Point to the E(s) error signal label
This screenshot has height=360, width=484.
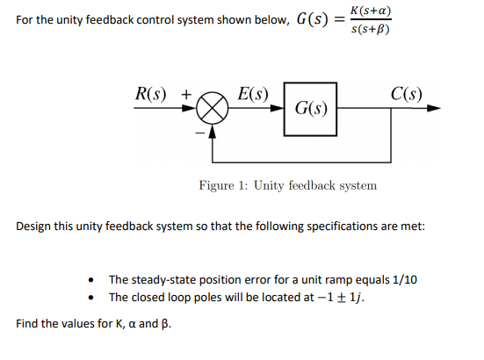[255, 94]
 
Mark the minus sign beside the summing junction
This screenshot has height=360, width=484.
[199, 132]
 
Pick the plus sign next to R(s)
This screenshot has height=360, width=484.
[185, 94]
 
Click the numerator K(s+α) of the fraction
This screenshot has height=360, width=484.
[369, 11]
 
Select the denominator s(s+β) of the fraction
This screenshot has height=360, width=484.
[369, 30]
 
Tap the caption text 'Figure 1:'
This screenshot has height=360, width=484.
[221, 185]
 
